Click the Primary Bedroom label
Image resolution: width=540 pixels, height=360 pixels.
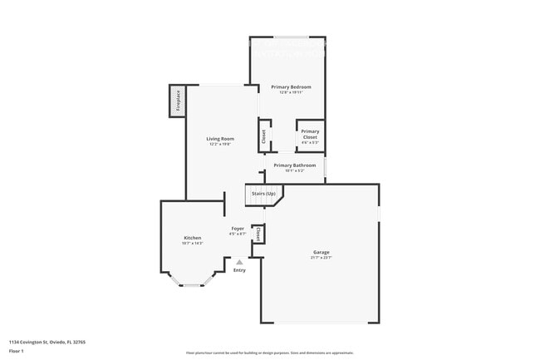(x=291, y=87)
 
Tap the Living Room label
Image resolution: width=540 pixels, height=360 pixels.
(x=220, y=139)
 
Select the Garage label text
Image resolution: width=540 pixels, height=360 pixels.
(x=322, y=252)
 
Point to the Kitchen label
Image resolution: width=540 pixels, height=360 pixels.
(x=192, y=238)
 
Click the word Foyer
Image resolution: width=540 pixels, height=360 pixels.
(x=238, y=228)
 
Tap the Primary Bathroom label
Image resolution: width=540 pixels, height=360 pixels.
(x=294, y=165)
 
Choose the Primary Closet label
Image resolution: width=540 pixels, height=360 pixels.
(x=310, y=134)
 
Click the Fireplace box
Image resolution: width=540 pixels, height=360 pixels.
(x=177, y=101)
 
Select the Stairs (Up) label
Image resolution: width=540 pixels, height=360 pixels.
(x=263, y=194)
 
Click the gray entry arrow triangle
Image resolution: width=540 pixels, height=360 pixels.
(x=239, y=262)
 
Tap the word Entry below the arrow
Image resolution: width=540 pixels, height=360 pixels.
(x=239, y=270)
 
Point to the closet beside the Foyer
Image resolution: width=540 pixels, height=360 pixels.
(x=258, y=234)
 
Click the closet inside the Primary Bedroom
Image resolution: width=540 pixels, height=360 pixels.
(x=264, y=136)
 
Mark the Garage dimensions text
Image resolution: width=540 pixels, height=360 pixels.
(x=322, y=258)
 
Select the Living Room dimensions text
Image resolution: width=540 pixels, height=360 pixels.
(x=220, y=145)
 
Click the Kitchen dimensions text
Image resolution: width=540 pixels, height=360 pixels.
(x=192, y=244)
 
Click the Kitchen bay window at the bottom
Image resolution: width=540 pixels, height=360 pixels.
(x=193, y=285)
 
